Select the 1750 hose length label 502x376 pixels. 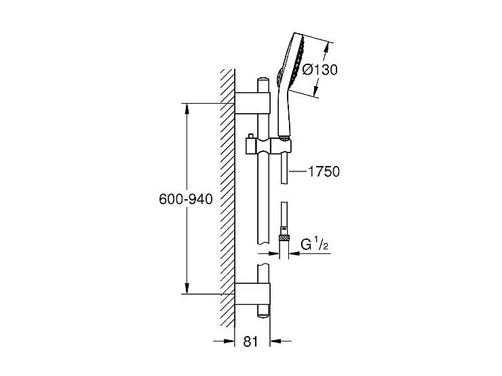324,172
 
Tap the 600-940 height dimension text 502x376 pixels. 186,199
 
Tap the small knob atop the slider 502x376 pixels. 250,138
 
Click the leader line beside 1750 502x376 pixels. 296,172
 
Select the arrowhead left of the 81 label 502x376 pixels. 230,342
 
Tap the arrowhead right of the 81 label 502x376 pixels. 275,342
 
